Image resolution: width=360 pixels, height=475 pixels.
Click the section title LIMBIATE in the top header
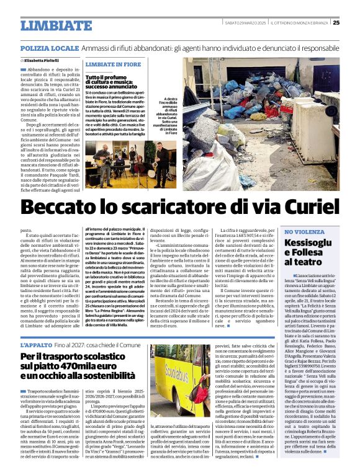pyautogui.click(x=57, y=25)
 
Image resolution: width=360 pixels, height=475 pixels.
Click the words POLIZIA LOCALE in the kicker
pyautogui.click(x=50, y=48)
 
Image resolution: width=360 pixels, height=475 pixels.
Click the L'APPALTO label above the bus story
pyautogui.click(x=37, y=344)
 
